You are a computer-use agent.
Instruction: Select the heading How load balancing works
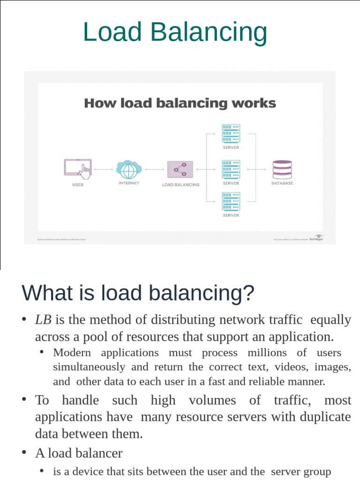coord(180,103)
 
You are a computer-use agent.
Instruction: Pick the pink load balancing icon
coord(180,169)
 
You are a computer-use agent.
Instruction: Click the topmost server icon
coord(231,134)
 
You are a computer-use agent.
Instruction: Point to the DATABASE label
coord(282,183)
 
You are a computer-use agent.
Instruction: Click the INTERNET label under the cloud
coord(129,183)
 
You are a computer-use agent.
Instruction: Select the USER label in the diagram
coord(78,185)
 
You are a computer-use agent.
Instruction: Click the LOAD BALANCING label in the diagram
coord(180,185)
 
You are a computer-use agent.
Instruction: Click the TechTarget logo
coord(316,238)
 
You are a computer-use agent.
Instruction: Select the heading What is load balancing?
coord(138,293)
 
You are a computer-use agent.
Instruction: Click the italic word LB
coord(43,320)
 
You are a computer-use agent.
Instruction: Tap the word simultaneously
coord(89,367)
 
